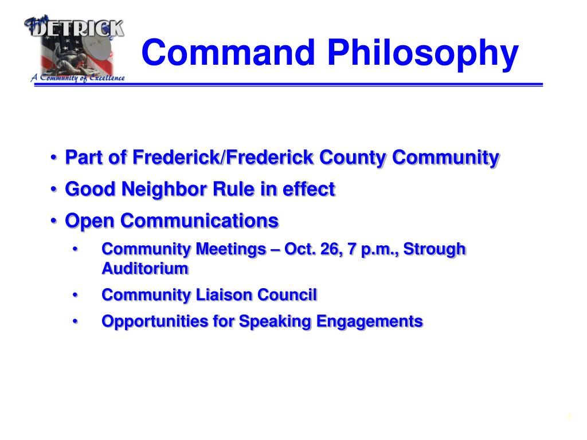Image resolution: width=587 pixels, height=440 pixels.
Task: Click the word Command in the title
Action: pos(229,53)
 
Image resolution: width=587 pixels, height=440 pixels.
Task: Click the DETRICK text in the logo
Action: pos(77,27)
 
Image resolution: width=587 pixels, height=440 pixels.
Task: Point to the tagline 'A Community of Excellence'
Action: pos(77,78)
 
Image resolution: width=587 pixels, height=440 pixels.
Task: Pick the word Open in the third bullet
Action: pos(90,221)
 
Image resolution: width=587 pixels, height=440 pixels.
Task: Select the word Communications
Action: pos(200,221)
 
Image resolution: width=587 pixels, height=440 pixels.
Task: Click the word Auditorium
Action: pos(144,268)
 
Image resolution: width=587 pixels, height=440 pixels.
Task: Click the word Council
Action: pos(287,295)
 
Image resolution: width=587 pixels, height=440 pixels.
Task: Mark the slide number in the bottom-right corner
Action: pos(569,417)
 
